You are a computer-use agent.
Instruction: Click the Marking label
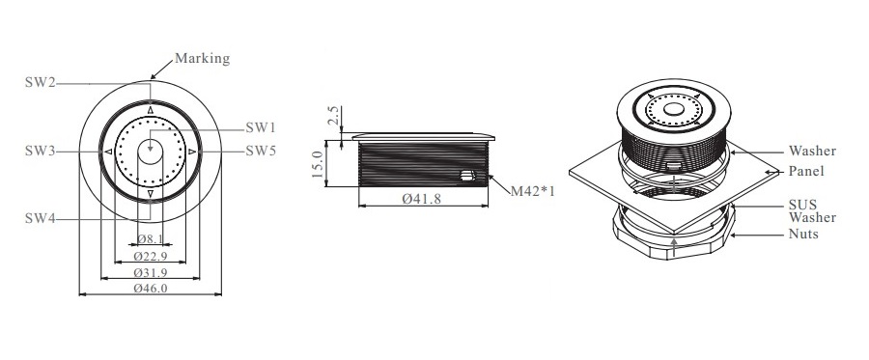tap(203, 59)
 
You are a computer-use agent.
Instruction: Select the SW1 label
tap(261, 128)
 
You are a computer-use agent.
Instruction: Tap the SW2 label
tap(40, 83)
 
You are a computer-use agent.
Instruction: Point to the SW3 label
tap(40, 151)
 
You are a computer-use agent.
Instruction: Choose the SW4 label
tap(40, 219)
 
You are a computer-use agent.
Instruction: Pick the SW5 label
tap(261, 151)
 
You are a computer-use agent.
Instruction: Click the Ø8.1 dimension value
tap(150, 239)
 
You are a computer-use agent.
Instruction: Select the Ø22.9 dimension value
tap(151, 257)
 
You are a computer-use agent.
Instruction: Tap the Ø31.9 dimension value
tap(151, 272)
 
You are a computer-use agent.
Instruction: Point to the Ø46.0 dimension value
tap(151, 288)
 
